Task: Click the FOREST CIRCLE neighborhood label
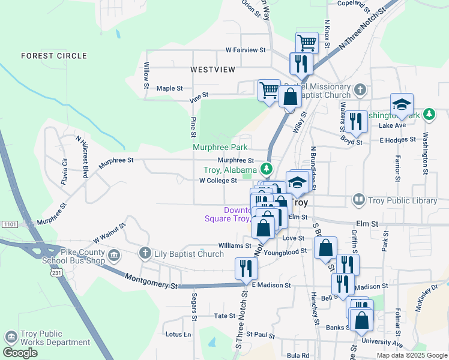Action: click(46, 56)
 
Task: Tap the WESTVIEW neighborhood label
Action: click(213, 70)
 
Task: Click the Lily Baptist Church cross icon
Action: click(145, 254)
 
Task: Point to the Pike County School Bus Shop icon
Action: click(114, 256)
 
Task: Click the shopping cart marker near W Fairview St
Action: click(307, 42)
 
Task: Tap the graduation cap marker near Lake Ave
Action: click(402, 103)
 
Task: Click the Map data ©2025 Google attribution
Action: click(411, 355)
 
